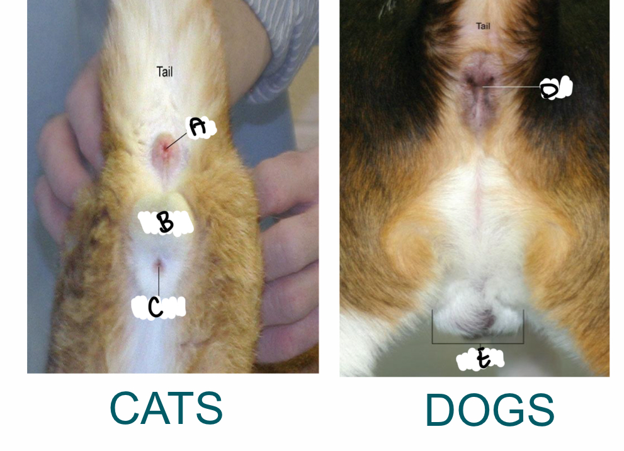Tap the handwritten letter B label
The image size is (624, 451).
(165, 223)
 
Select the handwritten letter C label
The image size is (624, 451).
(156, 307)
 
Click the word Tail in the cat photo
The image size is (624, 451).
(164, 72)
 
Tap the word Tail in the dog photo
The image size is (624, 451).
(483, 26)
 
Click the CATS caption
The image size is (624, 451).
(166, 408)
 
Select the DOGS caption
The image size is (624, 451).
(489, 410)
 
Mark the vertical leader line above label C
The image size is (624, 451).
(159, 280)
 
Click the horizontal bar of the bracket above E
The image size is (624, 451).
(477, 343)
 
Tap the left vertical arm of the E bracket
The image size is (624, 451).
(433, 327)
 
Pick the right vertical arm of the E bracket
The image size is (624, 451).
(523, 327)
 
